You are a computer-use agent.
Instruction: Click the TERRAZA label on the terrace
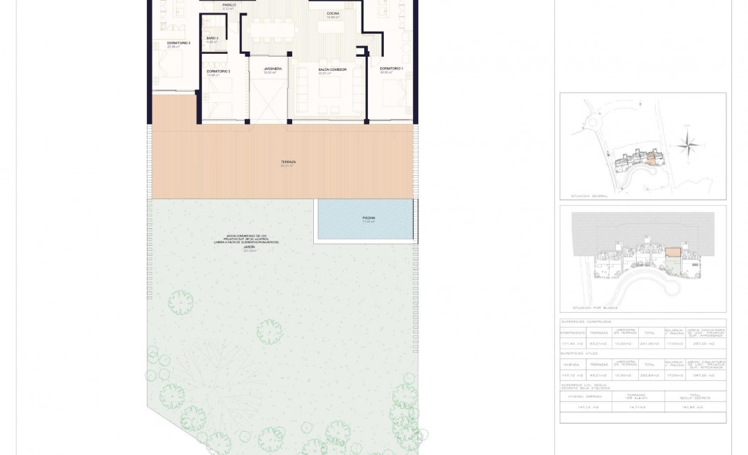pos(287,162)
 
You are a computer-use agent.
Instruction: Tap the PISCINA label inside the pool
pos(368,218)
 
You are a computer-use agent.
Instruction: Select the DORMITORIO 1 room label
pos(391,69)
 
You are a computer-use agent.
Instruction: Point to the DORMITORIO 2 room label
pos(179,43)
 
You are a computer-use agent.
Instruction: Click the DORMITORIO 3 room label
pos(218,71)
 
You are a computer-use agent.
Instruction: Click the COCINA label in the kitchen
pos(333,14)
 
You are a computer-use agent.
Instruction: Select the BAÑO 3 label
pos(213,38)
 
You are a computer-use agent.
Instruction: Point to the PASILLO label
pos(229,5)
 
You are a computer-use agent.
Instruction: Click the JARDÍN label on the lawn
pos(249,247)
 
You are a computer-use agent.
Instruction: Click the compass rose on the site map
pos(689,146)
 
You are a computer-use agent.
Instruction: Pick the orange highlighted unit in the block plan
pos(672,253)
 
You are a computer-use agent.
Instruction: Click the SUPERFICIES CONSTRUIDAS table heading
pos(591,322)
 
